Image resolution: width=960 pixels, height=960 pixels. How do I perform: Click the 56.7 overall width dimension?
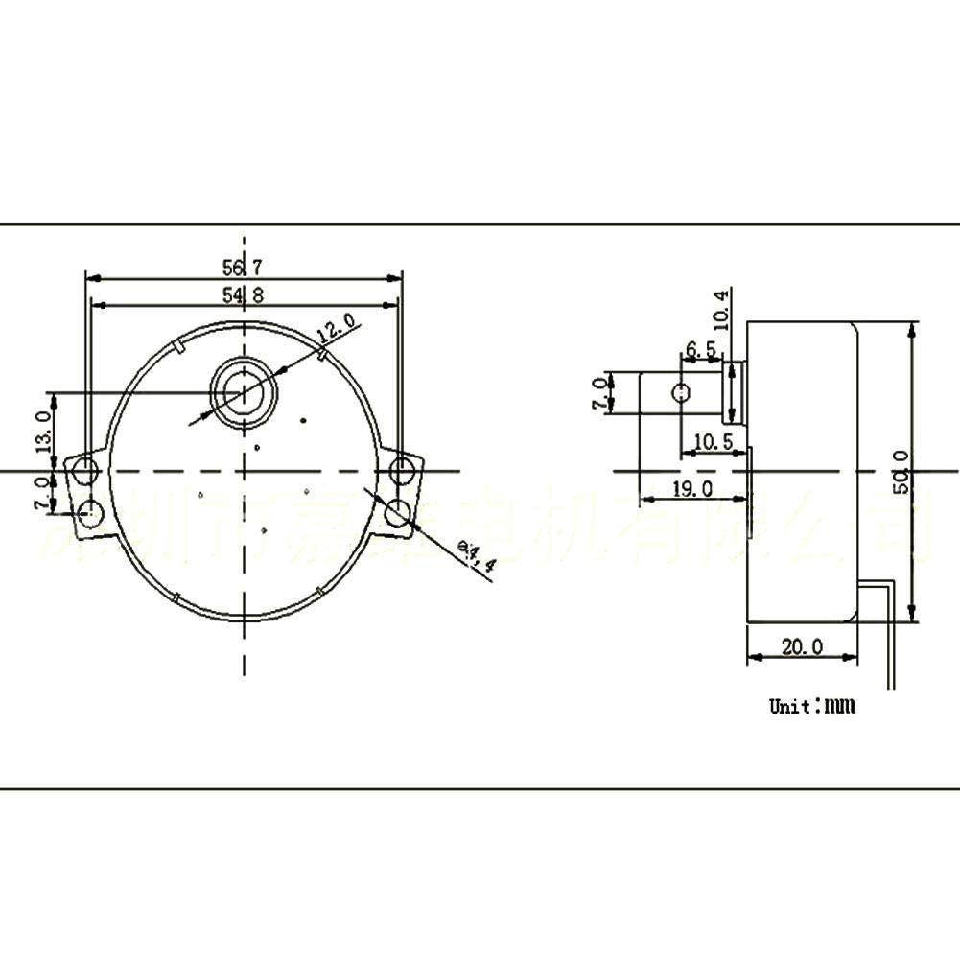tap(244, 267)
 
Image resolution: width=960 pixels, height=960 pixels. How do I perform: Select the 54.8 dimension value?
tap(244, 294)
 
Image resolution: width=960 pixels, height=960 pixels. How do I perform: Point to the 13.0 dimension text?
tap(41, 431)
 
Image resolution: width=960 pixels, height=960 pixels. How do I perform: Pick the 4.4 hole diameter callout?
tap(477, 555)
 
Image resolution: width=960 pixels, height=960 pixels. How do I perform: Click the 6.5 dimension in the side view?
tap(700, 349)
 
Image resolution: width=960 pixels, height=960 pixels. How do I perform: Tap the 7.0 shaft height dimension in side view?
tap(600, 393)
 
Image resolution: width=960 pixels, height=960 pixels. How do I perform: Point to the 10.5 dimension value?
tap(714, 441)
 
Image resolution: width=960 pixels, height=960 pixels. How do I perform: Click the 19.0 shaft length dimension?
tap(691, 489)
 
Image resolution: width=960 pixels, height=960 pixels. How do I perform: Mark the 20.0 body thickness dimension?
tap(801, 646)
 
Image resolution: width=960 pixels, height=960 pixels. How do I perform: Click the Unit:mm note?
tap(811, 707)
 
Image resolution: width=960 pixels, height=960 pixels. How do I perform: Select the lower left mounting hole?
tap(92, 512)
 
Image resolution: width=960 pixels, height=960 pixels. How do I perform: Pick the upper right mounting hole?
tap(402, 470)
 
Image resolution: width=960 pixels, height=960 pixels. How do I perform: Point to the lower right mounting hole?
tap(396, 514)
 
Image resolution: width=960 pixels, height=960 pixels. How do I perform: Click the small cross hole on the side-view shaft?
tap(682, 392)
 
